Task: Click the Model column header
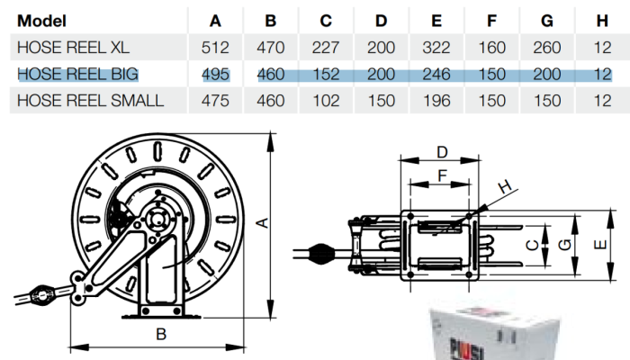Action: (41, 21)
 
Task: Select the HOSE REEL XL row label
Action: (73, 48)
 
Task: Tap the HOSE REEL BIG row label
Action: (77, 74)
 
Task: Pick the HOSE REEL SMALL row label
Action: (90, 101)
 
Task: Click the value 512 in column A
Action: (215, 48)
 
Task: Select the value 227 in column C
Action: (326, 48)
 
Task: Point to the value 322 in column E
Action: (436, 48)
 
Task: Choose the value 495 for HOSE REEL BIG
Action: (215, 74)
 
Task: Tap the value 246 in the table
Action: (436, 74)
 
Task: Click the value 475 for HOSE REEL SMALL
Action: (215, 101)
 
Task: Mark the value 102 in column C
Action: (326, 101)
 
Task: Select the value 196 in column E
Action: (436, 101)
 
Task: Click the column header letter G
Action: (547, 21)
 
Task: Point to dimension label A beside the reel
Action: (262, 222)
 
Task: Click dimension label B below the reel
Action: (161, 334)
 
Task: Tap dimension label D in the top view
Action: (442, 152)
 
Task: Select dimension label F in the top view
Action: (442, 175)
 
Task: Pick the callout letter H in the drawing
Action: (505, 186)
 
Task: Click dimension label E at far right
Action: (600, 244)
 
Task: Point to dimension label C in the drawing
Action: (532, 245)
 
